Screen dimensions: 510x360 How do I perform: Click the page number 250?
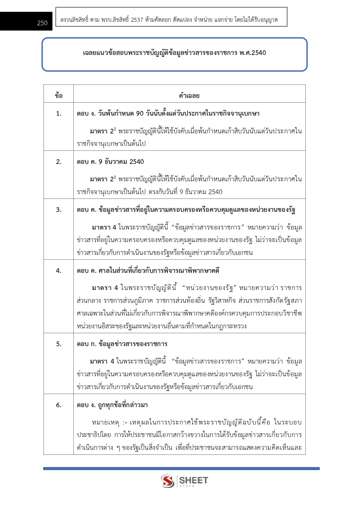[42, 23]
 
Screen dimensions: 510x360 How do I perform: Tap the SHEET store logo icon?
[168, 481]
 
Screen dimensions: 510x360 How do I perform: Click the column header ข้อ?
[59, 96]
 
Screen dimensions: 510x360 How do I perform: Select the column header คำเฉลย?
[189, 96]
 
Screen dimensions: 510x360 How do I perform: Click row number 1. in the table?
[59, 114]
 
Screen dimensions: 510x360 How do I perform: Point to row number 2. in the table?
[59, 162]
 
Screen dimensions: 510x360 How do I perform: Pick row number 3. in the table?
[59, 210]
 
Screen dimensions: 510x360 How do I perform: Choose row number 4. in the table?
[59, 271]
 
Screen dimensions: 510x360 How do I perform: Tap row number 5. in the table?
[59, 344]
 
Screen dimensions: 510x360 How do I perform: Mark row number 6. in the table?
[59, 405]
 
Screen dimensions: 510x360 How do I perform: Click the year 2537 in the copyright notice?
[137, 20]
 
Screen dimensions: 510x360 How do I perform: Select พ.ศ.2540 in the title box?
[253, 53]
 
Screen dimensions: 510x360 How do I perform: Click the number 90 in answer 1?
[140, 114]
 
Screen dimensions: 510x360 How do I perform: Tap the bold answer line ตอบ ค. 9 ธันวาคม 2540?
[110, 162]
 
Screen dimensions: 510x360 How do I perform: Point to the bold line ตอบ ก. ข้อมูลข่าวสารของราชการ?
[122, 344]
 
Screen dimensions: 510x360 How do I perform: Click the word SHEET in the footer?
[193, 480]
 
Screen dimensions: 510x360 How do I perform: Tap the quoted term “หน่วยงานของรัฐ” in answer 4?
[209, 288]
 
